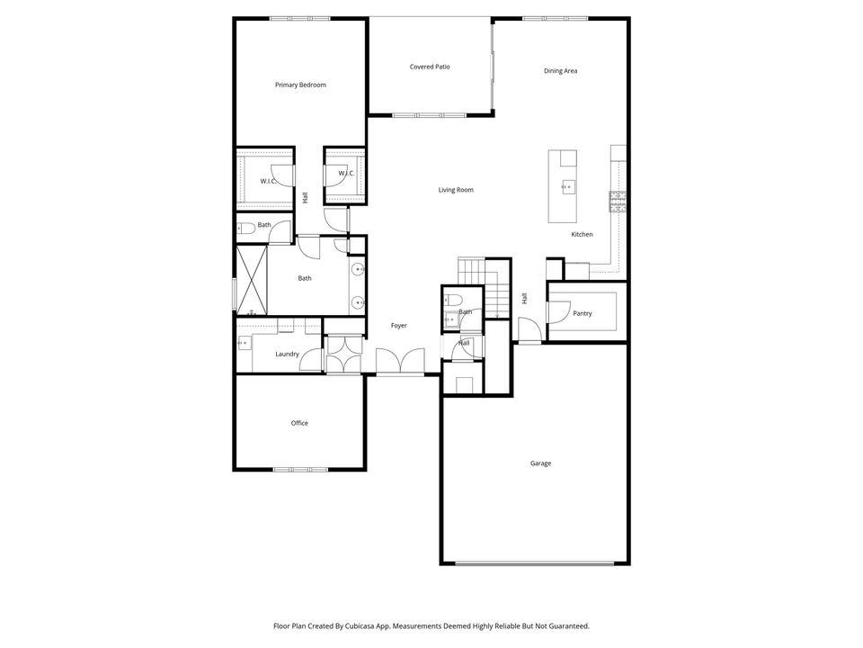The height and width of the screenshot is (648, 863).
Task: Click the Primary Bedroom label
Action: pyautogui.click(x=300, y=85)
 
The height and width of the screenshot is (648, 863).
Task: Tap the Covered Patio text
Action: pyautogui.click(x=430, y=67)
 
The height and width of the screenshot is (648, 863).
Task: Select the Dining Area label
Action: pyautogui.click(x=560, y=71)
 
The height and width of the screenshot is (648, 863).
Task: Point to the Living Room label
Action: pyautogui.click(x=456, y=190)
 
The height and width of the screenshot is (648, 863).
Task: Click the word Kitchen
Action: pyautogui.click(x=582, y=235)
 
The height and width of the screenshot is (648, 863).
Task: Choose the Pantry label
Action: pyautogui.click(x=583, y=313)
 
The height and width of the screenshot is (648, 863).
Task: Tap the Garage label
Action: pyautogui.click(x=540, y=463)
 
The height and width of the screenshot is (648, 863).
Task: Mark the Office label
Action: pyautogui.click(x=299, y=423)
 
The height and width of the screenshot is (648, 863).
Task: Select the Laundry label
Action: pyautogui.click(x=287, y=354)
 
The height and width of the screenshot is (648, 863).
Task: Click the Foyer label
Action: pyautogui.click(x=399, y=326)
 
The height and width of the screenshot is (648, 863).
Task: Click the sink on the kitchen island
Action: pyautogui.click(x=567, y=187)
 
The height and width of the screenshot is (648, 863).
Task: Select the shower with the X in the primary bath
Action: pyautogui.click(x=252, y=280)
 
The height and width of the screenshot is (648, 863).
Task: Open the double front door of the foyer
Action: pyautogui.click(x=399, y=363)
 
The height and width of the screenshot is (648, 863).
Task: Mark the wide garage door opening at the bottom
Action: pyautogui.click(x=535, y=563)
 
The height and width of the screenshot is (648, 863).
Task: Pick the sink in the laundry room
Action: pyautogui.click(x=244, y=342)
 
